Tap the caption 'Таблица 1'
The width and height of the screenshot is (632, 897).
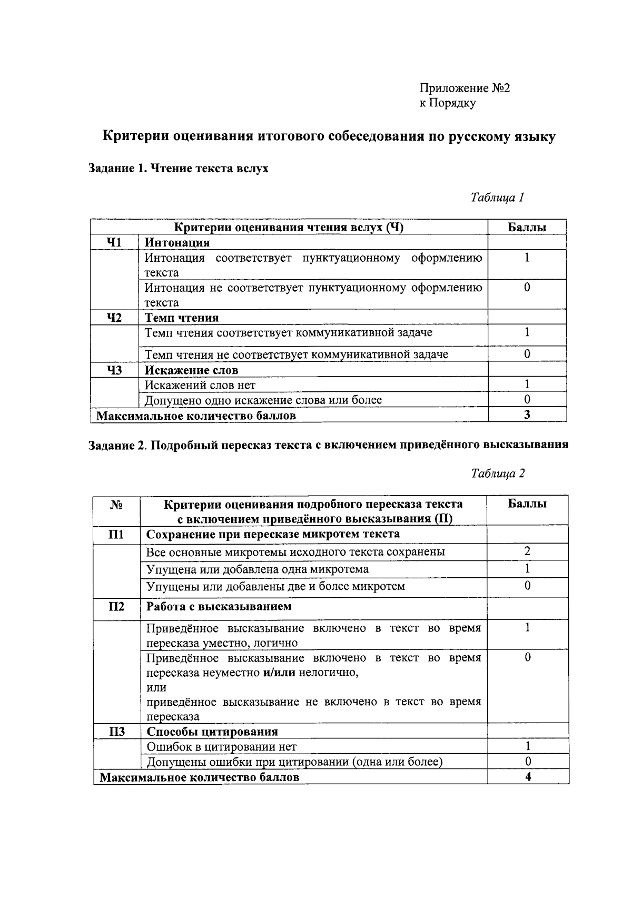[497, 198]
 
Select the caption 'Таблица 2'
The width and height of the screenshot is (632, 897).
[498, 473]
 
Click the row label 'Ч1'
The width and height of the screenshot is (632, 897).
[114, 242]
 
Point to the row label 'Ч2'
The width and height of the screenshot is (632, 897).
[114, 318]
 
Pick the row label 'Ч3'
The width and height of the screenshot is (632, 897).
[114, 370]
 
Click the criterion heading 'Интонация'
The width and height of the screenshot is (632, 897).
[177, 243]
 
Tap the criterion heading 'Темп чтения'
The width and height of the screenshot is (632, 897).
[182, 318]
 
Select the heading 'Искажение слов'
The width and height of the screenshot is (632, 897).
[191, 370]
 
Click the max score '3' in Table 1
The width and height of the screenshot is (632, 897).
[527, 415]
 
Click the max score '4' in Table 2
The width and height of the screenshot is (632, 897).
[528, 777]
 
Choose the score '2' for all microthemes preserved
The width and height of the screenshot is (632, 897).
[527, 551]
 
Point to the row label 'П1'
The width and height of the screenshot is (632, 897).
[116, 535]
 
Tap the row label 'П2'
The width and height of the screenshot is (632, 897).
[116, 607]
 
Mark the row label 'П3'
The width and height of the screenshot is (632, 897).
[116, 732]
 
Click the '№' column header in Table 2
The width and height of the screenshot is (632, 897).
[116, 505]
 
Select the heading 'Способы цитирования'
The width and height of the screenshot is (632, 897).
[212, 732]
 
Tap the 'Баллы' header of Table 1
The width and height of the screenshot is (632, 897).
[527, 228]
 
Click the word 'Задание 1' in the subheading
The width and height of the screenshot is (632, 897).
[115, 169]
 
